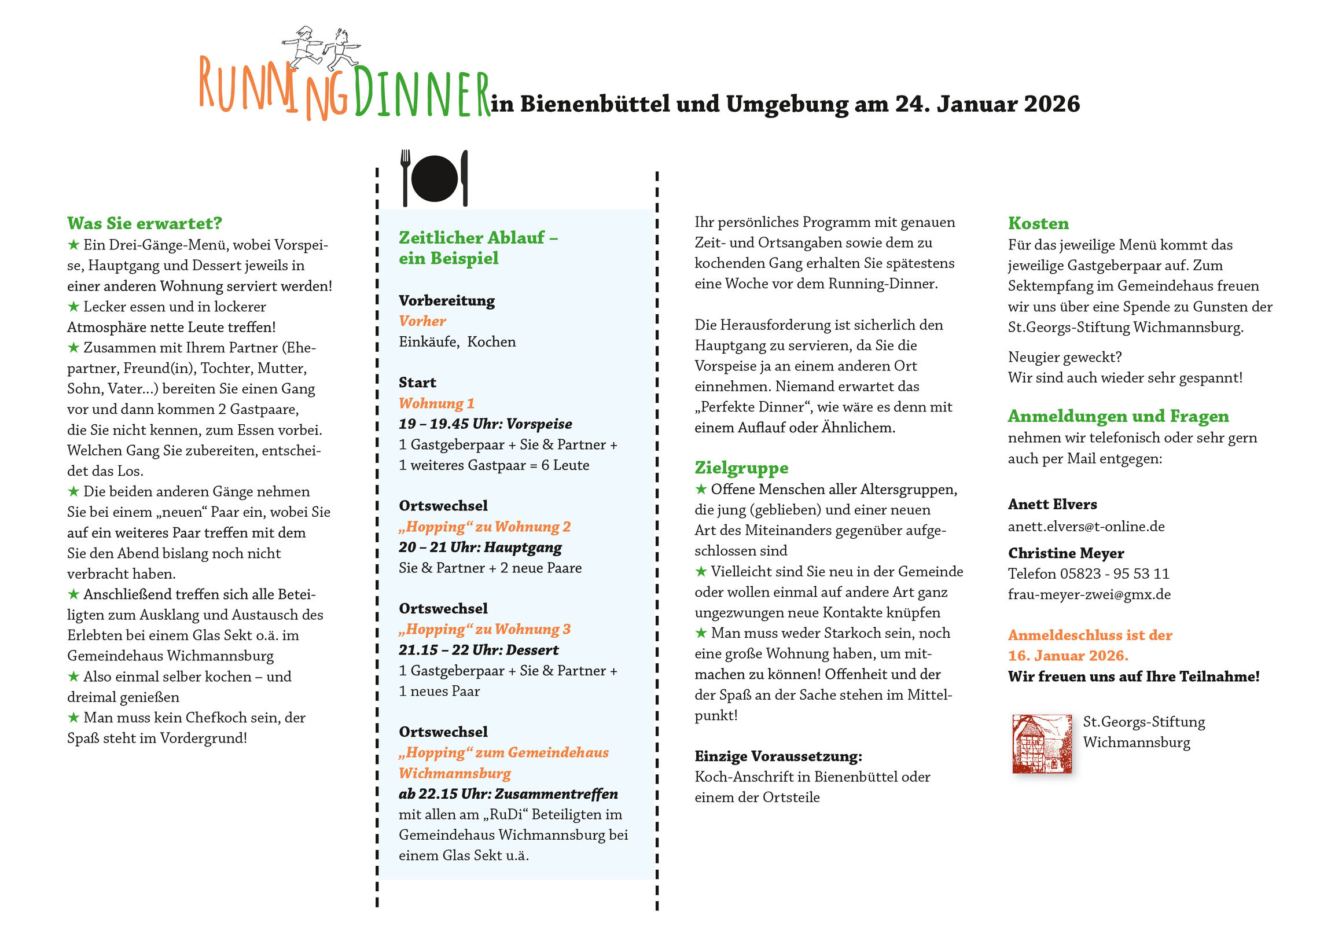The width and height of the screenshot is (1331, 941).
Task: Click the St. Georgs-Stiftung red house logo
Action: pyautogui.click(x=1042, y=743)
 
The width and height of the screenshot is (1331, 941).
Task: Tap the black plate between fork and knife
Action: pyautogui.click(x=434, y=179)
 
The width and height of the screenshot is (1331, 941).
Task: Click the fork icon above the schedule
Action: pyautogui.click(x=405, y=177)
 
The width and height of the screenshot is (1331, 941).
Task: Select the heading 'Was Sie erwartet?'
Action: pyautogui.click(x=144, y=223)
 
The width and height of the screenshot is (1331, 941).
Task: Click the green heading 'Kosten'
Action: pyautogui.click(x=1038, y=223)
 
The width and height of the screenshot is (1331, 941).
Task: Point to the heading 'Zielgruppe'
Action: pyautogui.click(x=741, y=467)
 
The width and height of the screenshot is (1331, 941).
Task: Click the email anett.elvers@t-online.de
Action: pyautogui.click(x=1086, y=527)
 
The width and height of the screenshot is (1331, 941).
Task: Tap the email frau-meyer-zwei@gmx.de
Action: pyautogui.click(x=1089, y=594)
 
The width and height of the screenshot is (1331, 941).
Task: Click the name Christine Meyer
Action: pyautogui.click(x=1065, y=553)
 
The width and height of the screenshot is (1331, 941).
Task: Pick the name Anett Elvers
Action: pyautogui.click(x=1052, y=505)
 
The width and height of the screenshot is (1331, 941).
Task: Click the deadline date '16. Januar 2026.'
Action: pyautogui.click(x=1068, y=656)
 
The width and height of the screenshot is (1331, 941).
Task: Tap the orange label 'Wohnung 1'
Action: pyautogui.click(x=436, y=403)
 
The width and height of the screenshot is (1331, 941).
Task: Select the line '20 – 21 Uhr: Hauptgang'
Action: pyautogui.click(x=480, y=547)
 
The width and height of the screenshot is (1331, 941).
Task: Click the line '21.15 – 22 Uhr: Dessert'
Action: pyautogui.click(x=478, y=650)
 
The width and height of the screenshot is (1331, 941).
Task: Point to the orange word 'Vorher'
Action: pyautogui.click(x=422, y=321)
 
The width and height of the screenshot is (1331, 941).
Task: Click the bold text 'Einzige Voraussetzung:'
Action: pyautogui.click(x=778, y=756)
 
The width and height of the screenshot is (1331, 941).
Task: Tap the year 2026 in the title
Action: pyautogui.click(x=1051, y=104)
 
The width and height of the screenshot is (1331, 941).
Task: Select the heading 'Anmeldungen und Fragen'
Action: pyautogui.click(x=1117, y=416)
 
